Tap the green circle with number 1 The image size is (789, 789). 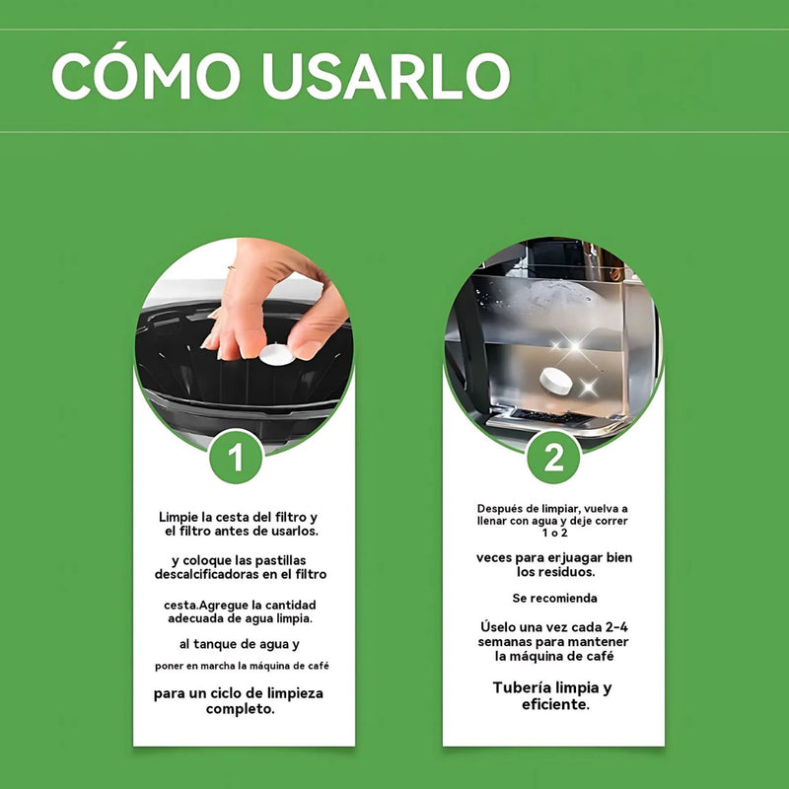[x=237, y=456]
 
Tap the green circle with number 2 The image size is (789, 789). [x=554, y=456]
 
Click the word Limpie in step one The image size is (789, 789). [x=180, y=518]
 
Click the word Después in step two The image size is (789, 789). [x=502, y=509]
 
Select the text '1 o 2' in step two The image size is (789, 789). [x=553, y=533]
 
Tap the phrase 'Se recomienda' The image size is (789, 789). [x=554, y=599]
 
